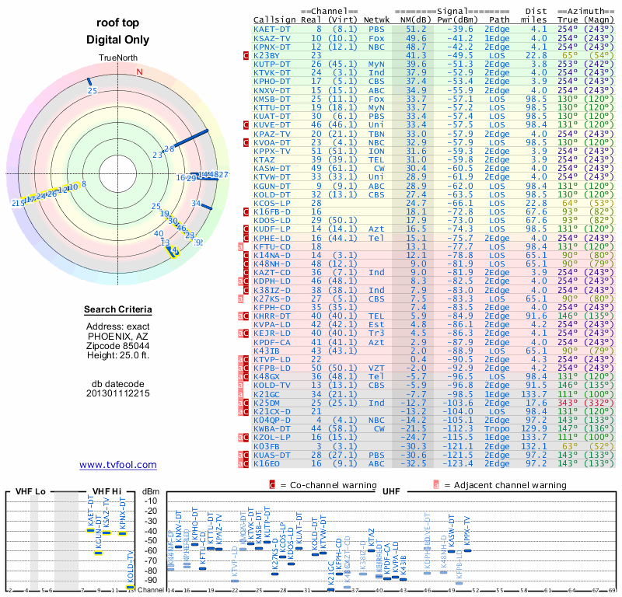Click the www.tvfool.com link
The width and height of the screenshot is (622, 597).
point(118,465)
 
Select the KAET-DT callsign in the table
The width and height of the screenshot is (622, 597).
point(272,29)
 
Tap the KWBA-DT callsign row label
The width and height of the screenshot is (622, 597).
point(272,427)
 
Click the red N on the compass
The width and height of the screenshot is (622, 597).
point(140,72)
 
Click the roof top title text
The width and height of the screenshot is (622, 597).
point(118,23)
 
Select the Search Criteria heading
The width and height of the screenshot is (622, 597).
point(118,310)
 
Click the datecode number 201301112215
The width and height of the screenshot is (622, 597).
point(118,393)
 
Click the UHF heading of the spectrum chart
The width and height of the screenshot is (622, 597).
point(392,492)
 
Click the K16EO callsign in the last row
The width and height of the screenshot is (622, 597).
point(267,463)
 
